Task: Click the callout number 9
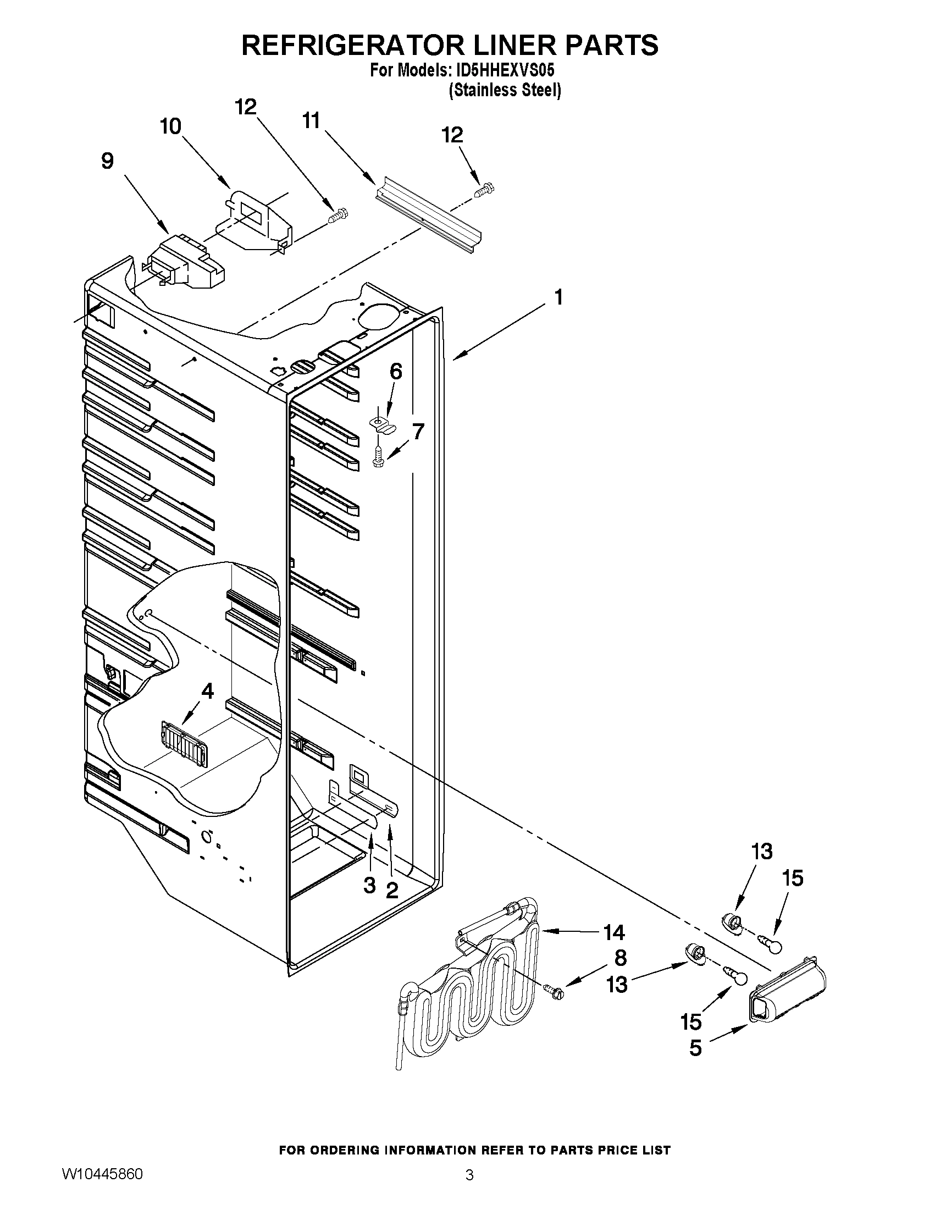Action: pos(107,161)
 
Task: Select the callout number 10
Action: pos(170,127)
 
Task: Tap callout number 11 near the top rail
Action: pos(311,120)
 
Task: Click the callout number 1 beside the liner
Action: pos(558,297)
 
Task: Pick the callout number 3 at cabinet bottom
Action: pos(369,885)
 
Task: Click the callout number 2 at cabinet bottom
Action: pos(391,891)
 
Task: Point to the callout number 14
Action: pos(614,932)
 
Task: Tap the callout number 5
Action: pos(696,1048)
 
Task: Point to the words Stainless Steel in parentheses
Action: pos(505,90)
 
